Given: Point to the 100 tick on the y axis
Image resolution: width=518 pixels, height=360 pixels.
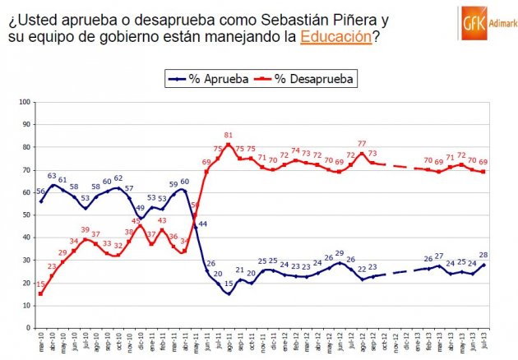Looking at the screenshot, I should (x=25, y=102).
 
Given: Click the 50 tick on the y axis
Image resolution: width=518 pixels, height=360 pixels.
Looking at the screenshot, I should (x=26, y=215).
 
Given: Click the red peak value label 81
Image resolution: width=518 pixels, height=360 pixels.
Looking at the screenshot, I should (x=229, y=136).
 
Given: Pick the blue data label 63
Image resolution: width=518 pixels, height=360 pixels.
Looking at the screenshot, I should (x=51, y=176).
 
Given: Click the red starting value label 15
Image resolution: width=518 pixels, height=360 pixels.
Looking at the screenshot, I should (x=41, y=284).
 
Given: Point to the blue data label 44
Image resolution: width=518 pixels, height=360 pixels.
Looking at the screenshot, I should (x=202, y=224).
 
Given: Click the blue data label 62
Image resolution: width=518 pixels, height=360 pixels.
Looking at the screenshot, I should (x=118, y=178).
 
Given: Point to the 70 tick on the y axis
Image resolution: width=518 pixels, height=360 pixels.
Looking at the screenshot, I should (x=26, y=170).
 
